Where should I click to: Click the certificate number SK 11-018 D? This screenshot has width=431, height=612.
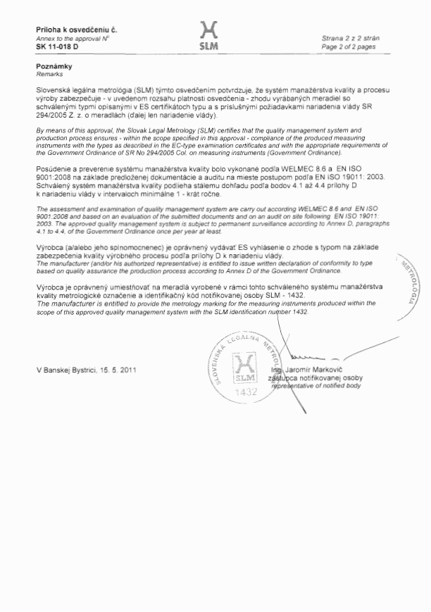pyautogui.click(x=57, y=46)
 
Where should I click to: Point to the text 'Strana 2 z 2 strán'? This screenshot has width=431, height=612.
pyautogui.click(x=349, y=37)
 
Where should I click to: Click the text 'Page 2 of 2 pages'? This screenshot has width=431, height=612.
pyautogui.click(x=350, y=45)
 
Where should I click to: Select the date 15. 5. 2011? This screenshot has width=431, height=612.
pyautogui.click(x=121, y=370)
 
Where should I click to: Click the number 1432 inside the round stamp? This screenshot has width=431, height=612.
pyautogui.click(x=244, y=392)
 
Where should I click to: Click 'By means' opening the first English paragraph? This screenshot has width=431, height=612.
pyautogui.click(x=49, y=131)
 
